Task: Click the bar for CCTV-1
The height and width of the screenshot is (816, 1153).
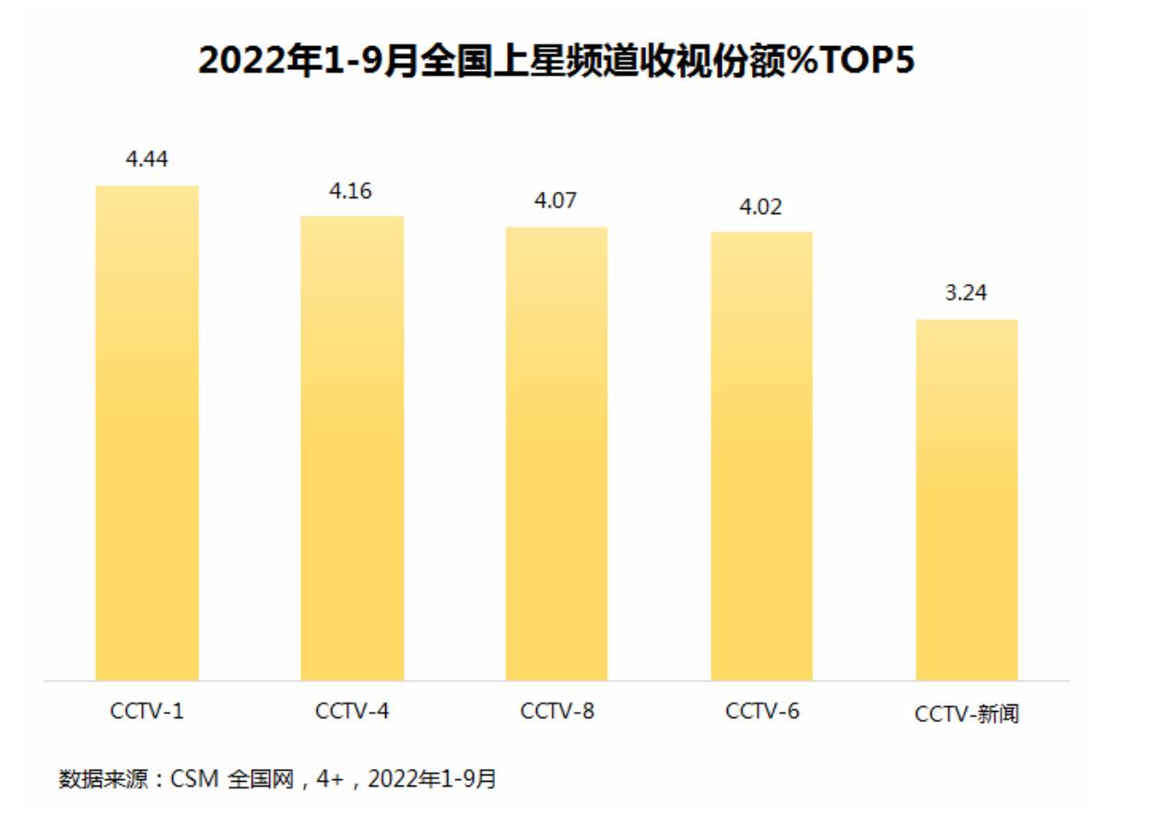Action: click(x=147, y=433)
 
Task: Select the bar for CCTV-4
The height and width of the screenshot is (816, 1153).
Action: click(x=352, y=448)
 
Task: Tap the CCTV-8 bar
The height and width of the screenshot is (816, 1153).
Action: click(x=557, y=454)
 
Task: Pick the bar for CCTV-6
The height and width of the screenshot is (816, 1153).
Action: click(x=761, y=456)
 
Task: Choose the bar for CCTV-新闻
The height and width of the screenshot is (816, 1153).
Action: click(x=966, y=500)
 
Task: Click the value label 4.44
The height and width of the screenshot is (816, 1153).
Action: click(x=147, y=160)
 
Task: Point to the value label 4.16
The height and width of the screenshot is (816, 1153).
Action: click(x=351, y=192)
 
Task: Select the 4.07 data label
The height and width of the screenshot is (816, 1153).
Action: click(x=556, y=200)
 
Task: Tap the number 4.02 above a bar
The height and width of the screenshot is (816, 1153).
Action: click(x=760, y=207)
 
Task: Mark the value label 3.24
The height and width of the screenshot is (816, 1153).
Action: click(x=966, y=293)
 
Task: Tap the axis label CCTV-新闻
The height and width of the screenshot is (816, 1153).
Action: click(x=967, y=714)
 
